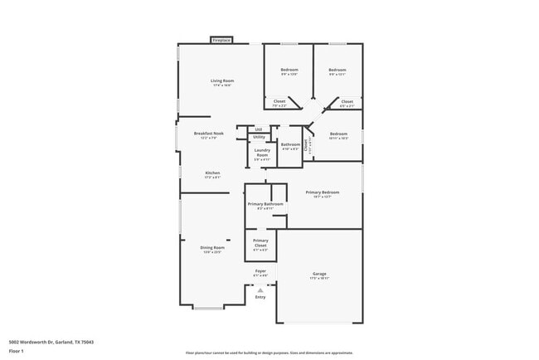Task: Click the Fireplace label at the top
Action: coord(221,40)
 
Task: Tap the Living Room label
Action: coord(221,80)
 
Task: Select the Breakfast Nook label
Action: coord(209,133)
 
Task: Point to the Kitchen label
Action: coord(213,173)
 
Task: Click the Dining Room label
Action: coord(212,247)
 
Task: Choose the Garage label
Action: coord(319,274)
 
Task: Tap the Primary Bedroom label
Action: coord(322,192)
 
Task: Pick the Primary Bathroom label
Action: coord(265,203)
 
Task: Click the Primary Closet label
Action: coord(260,242)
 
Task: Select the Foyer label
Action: coord(260,270)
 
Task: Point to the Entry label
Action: coord(260,296)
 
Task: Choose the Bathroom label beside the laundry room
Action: coord(290,144)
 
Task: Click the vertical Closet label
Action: coord(306,144)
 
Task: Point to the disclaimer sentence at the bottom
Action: coord(269,352)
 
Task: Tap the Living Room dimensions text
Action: coord(221,85)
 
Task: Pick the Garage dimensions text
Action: coord(319,279)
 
